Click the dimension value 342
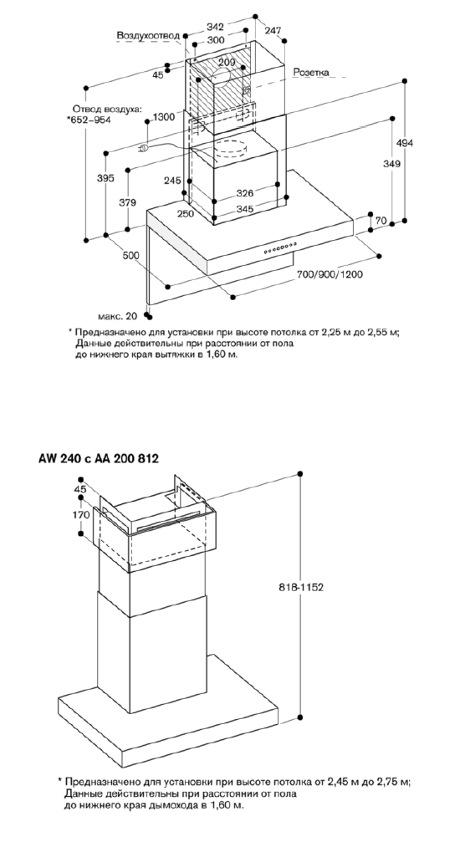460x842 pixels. coord(216,27)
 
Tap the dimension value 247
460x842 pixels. coord(273,31)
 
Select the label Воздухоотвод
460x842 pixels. coord(148,35)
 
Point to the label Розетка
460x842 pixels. coord(311,71)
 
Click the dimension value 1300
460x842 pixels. coord(163,117)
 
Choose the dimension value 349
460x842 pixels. coord(391,165)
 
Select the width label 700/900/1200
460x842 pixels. coord(330,274)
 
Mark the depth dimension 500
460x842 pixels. coord(130,256)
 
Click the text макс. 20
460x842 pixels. coord(118,316)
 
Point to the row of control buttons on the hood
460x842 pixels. coord(280,247)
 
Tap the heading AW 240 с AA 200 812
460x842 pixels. coord(99,458)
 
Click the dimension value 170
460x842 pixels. coord(80,515)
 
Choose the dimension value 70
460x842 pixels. coord(381,220)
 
